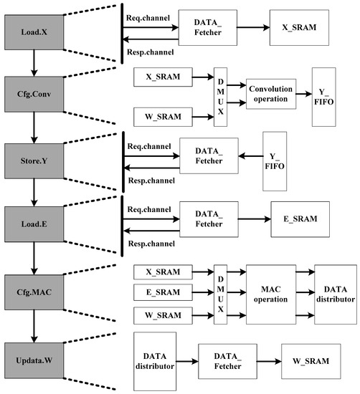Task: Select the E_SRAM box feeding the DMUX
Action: [x=164, y=292]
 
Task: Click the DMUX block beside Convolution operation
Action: [x=220, y=95]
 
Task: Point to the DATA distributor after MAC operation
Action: [x=333, y=292]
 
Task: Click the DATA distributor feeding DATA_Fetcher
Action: [x=154, y=360]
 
